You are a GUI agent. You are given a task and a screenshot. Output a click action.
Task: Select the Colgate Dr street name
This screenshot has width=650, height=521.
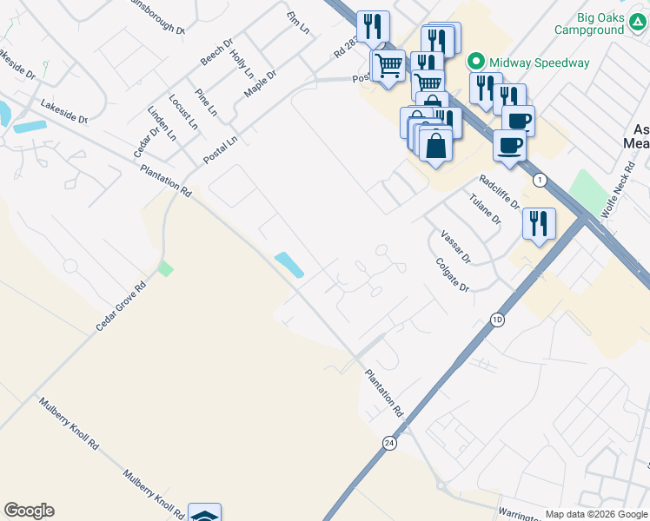pos(452,274)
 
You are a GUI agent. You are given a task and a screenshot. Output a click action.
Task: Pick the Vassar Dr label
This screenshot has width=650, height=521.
pos(455,247)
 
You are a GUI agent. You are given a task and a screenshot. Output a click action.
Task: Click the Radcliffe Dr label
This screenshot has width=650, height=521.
pos(499,192)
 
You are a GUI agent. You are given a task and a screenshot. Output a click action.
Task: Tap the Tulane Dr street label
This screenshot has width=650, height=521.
pos(485,209)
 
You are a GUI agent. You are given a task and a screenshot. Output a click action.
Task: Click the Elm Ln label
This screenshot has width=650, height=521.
pos(298,23)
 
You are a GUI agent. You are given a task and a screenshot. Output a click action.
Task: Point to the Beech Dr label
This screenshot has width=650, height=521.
pos(217,51)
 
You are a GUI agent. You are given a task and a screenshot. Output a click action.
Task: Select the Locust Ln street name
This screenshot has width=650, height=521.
pos(183,112)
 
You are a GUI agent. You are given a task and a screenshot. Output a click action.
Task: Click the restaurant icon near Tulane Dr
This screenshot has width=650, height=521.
pos(539,224)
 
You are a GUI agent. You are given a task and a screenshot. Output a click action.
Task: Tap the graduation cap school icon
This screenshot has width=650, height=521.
pos(204,514)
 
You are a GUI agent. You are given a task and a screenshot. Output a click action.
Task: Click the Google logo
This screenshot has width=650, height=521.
pos(29,511)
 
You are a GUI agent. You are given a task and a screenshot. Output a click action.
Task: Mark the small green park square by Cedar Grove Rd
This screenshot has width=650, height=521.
pos(165,267)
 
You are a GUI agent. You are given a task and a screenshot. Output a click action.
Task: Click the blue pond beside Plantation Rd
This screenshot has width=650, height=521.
pos(289,265)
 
